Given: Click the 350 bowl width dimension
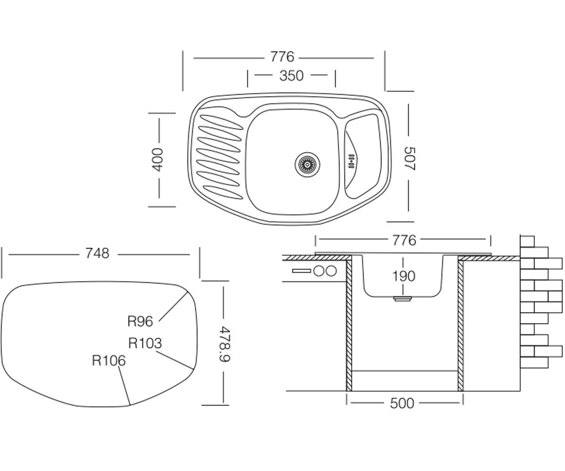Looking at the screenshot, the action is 291,76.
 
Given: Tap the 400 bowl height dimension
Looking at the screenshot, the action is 158,160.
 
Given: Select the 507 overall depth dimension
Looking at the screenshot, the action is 409,159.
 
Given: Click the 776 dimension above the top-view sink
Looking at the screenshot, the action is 282,57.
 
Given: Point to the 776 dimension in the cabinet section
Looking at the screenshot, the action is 404,240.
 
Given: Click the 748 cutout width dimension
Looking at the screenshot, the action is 97,254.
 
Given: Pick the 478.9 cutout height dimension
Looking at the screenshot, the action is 224,344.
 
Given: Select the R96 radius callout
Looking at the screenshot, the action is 140,322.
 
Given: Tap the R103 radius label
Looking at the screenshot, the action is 145,343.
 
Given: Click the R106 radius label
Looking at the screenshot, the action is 109,361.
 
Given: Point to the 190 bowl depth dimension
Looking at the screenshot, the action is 404,276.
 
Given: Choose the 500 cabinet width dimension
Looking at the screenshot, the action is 402,404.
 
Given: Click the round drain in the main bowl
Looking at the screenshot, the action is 307,164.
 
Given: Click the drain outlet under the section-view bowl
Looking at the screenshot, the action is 403,299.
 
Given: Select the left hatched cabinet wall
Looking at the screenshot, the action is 349,325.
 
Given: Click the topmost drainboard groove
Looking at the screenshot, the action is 221,122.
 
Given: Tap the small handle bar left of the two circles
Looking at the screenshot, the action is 302,271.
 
